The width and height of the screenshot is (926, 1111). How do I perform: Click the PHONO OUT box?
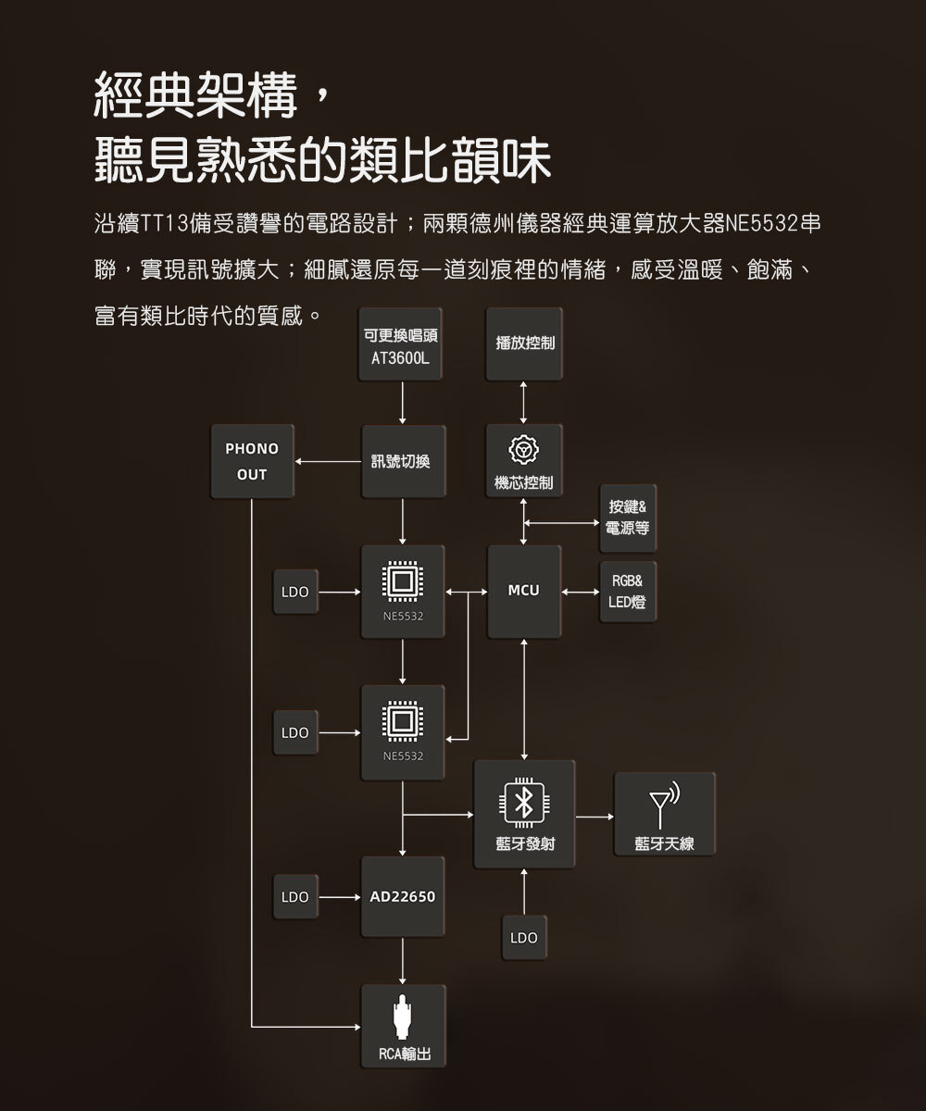click(x=251, y=461)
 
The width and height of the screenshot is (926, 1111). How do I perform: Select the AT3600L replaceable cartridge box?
click(x=401, y=344)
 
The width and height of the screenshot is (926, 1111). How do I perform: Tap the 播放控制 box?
click(x=524, y=344)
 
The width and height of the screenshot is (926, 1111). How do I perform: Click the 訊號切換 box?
click(x=401, y=461)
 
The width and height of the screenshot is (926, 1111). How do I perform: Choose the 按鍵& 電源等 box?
click(x=628, y=518)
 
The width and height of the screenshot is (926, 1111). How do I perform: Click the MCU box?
click(x=524, y=591)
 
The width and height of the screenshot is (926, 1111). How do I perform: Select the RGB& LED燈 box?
click(x=628, y=592)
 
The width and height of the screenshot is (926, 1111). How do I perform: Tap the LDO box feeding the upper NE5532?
click(x=295, y=591)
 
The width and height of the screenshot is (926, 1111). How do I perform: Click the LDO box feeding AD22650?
click(x=295, y=896)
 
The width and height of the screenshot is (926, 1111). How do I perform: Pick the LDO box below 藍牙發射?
click(x=523, y=938)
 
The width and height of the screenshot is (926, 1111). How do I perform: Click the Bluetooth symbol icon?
click(x=523, y=803)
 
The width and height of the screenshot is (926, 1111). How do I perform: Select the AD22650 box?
click(x=402, y=896)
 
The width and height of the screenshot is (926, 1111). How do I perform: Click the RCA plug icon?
click(x=402, y=1017)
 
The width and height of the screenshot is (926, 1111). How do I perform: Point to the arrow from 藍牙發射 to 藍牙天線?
click(x=594, y=817)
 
